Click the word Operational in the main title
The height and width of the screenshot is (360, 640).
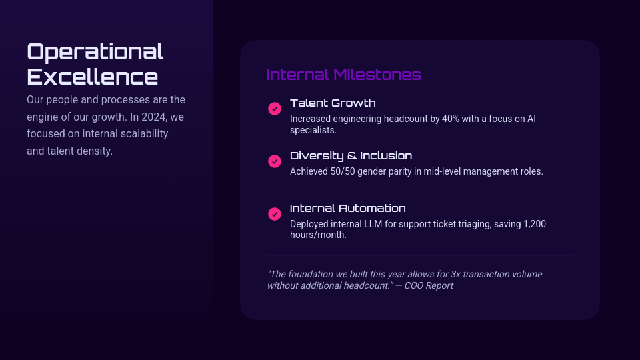coord(95,52)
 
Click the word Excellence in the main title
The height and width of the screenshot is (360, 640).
coord(92,77)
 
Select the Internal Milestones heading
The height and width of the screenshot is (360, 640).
coord(344,75)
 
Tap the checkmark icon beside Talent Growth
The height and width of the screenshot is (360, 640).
coord(275,109)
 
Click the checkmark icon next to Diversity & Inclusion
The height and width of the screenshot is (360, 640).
coord(275,161)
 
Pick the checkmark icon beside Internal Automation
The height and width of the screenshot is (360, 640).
coord(275,214)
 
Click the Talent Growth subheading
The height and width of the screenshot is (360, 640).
coord(333,103)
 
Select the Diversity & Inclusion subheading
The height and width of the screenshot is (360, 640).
coord(351,155)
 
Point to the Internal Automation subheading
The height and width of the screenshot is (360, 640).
coord(348,208)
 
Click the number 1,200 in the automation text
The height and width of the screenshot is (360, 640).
coord(535,224)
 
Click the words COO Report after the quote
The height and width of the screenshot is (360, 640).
coord(429,286)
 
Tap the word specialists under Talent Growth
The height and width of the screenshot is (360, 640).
coord(313,130)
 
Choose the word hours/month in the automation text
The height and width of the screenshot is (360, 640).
coord(318,235)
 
